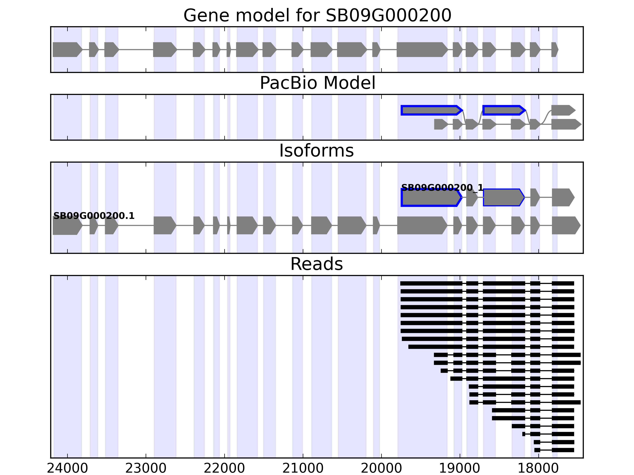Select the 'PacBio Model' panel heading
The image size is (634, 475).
(317, 83)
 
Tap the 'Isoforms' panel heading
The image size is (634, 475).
(316, 151)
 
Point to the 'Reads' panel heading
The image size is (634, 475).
(316, 264)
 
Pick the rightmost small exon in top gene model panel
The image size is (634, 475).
(555, 49)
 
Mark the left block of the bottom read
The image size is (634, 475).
(537, 450)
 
